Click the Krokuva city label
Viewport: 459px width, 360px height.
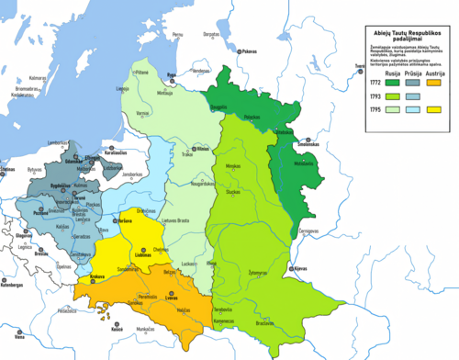(x=95, y=275)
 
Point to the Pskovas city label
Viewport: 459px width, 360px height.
(x=251, y=52)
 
